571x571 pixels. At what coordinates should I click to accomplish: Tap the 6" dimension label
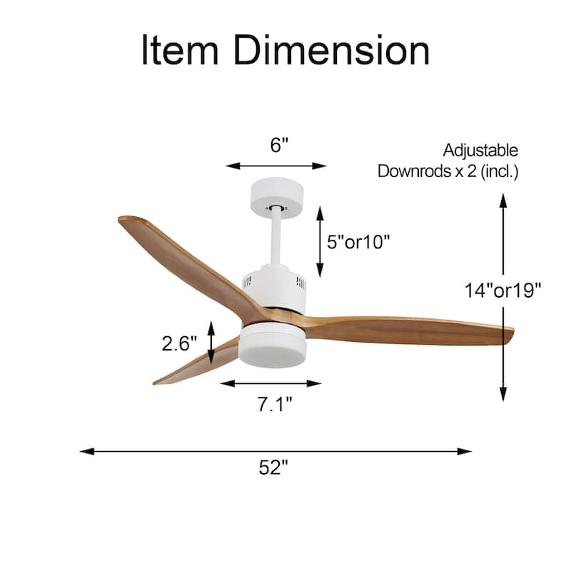tap(279, 145)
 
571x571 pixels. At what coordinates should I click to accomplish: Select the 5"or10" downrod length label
tap(358, 242)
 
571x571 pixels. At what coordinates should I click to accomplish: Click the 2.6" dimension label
tap(178, 343)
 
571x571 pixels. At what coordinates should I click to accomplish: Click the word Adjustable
tap(480, 151)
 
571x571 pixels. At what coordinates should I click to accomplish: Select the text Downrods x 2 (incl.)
tap(448, 171)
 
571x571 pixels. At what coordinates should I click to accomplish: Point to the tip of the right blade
tap(510, 333)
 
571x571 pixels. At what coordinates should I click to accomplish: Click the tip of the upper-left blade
tap(123, 221)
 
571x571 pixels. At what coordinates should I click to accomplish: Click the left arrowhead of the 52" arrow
tap(83, 451)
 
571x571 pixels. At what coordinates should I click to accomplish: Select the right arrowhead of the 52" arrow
tap(468, 451)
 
